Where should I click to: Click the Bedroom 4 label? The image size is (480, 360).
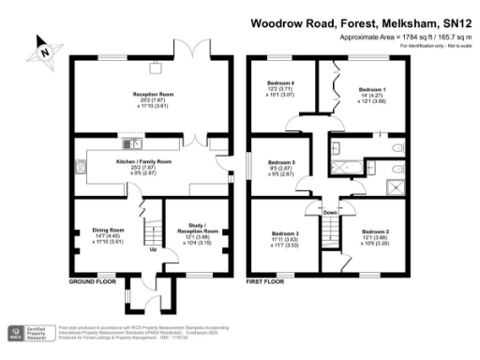coord(282,83)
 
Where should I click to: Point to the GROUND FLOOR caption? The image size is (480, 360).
coord(92,279)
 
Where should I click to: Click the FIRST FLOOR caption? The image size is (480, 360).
coord(266,279)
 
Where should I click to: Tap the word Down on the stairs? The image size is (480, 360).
coord(330,212)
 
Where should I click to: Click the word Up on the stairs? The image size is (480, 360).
coord(153,249)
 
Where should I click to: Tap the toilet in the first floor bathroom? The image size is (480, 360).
coord(399,148)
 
